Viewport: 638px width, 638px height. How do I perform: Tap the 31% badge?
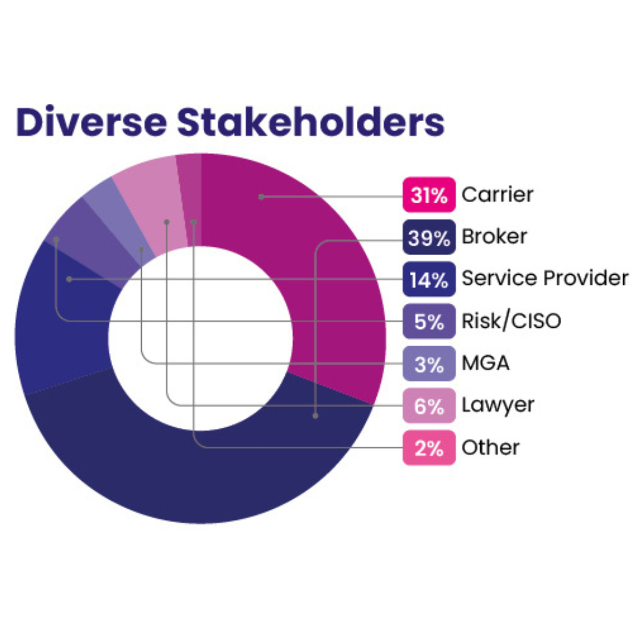pos(429,194)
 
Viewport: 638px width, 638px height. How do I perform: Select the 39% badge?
pos(429,237)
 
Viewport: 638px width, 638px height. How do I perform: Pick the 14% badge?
pos(429,279)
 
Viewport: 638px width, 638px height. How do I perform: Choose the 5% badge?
pos(429,321)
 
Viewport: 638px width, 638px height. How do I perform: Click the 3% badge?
pos(429,363)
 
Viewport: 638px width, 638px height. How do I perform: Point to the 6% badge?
pos(429,406)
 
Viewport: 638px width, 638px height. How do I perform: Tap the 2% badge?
pos(429,448)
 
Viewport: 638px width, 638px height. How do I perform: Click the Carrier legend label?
pos(497,194)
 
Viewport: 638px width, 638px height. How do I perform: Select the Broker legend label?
pos(494,237)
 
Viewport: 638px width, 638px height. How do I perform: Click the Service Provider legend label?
pos(545,278)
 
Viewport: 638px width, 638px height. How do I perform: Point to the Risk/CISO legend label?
pos(511,321)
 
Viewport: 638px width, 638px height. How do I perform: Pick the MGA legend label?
pos(485,363)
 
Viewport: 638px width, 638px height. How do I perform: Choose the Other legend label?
pos(490,448)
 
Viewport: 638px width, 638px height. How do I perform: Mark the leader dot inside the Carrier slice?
pos(261,196)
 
